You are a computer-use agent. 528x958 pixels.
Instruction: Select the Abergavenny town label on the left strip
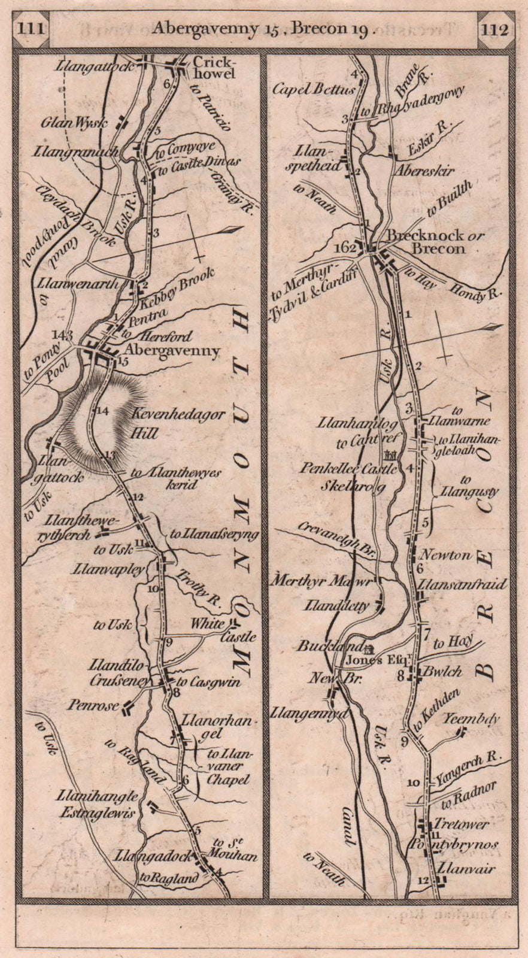point(172,351)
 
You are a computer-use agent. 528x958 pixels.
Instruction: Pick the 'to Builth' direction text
point(449,199)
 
